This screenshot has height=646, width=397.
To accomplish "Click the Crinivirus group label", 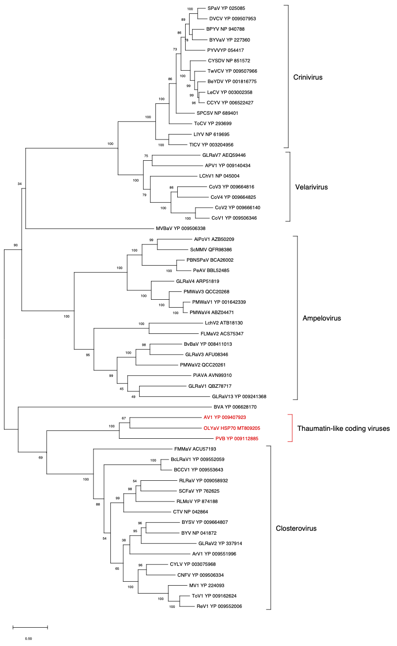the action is point(308,77).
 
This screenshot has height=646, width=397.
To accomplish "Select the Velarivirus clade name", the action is point(311,187).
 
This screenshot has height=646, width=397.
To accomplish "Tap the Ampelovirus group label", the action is point(322,318).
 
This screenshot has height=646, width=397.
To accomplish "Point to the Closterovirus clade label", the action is point(296,528).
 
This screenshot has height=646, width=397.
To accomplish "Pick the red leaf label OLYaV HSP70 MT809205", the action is point(232,428).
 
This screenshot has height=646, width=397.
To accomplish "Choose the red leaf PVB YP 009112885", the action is point(237,439).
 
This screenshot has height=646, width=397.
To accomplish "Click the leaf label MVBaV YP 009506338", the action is point(181,229).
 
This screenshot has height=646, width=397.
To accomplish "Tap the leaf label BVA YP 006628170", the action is point(235,407).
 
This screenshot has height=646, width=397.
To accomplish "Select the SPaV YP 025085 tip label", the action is point(226,8).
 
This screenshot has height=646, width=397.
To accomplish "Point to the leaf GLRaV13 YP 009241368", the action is point(239,397).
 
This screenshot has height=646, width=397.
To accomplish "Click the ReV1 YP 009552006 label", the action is point(219,606).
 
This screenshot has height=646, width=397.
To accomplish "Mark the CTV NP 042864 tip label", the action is point(191,511).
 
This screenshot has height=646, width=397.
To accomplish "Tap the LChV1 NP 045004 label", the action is point(219,176).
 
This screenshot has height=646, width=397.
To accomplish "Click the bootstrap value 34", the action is point(20,184).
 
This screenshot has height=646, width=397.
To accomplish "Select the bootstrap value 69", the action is point(41,458).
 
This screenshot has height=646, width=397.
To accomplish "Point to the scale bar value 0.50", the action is point(28,639).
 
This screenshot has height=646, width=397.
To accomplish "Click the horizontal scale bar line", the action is point(30,627).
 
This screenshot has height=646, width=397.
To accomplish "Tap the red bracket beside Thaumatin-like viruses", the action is point(292,428).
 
